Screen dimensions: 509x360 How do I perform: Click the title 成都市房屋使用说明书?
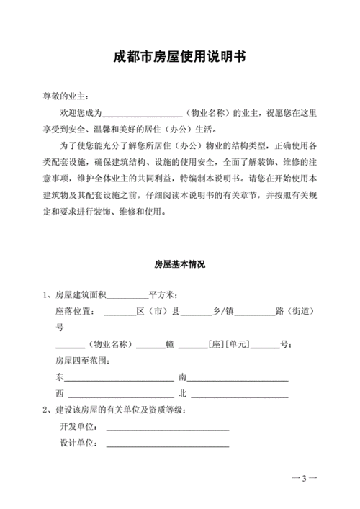180,56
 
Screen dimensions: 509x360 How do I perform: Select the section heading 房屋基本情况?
180,264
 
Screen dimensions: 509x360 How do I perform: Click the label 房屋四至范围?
83,360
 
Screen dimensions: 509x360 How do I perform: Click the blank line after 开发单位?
167,428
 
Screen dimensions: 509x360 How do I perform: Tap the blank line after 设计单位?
167,445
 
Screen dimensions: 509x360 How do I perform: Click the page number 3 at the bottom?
305,479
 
